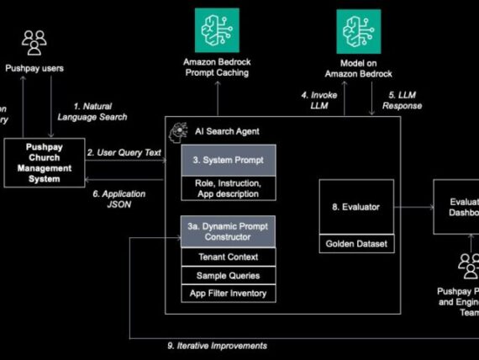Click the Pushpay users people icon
(34, 43)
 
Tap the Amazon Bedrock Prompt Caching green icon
(217, 31)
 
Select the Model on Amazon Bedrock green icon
(359, 31)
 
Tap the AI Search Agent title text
(227, 131)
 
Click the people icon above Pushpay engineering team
(468, 266)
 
